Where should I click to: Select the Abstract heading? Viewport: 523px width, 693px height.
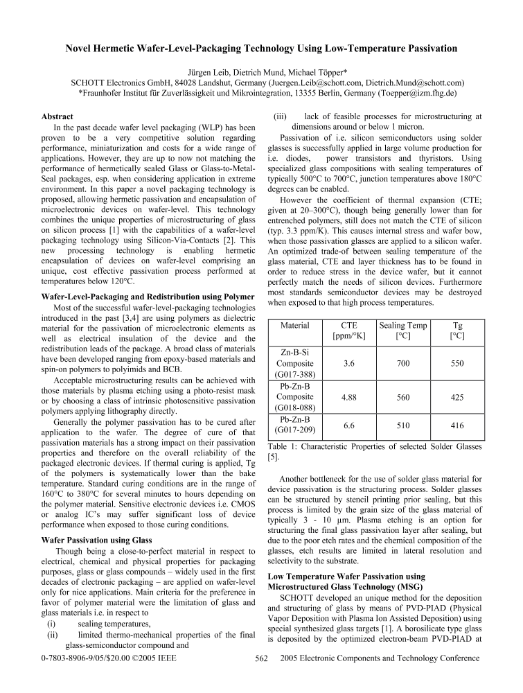[59, 117]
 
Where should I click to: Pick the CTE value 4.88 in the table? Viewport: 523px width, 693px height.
[349, 398]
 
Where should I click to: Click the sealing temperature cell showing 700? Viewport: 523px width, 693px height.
[404, 362]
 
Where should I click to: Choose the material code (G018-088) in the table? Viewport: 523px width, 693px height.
[295, 409]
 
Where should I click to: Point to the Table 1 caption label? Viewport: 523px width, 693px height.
[282, 447]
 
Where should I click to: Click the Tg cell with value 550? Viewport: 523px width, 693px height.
[457, 362]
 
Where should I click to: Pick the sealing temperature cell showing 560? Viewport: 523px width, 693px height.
[404, 398]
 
